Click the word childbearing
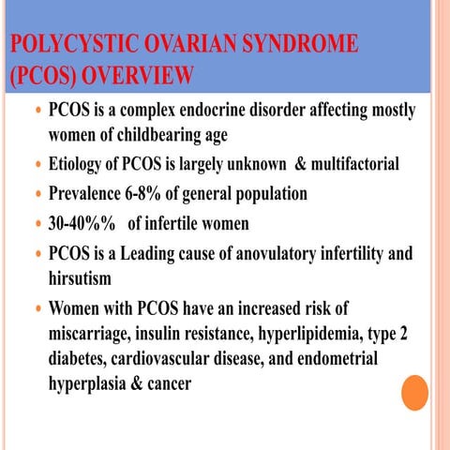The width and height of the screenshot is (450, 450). (x=152, y=136)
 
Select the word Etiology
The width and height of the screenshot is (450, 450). (x=82, y=166)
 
